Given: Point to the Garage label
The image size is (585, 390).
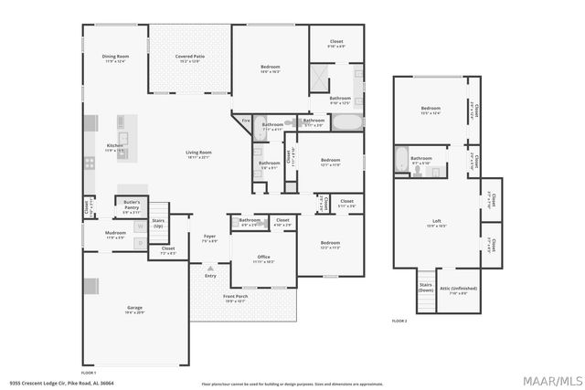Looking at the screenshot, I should click(134, 309).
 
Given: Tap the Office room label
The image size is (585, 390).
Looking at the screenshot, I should click(263, 259).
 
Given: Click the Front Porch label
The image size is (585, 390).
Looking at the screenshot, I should click(236, 296).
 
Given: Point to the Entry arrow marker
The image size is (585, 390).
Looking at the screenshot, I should click(210, 269).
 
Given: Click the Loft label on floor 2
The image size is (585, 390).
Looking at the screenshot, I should click(437, 222).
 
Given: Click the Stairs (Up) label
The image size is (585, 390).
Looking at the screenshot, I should click(158, 222).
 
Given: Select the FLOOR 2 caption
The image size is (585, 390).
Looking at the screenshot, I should click(399, 321).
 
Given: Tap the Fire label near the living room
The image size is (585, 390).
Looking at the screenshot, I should click(245, 121).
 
